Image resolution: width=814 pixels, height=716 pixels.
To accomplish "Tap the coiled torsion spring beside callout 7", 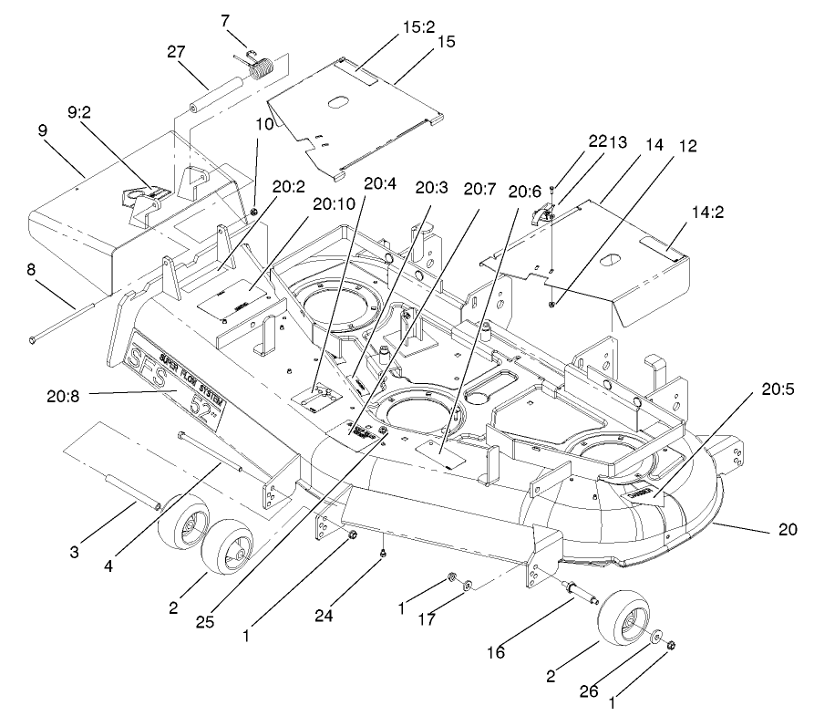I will point(263,70).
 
